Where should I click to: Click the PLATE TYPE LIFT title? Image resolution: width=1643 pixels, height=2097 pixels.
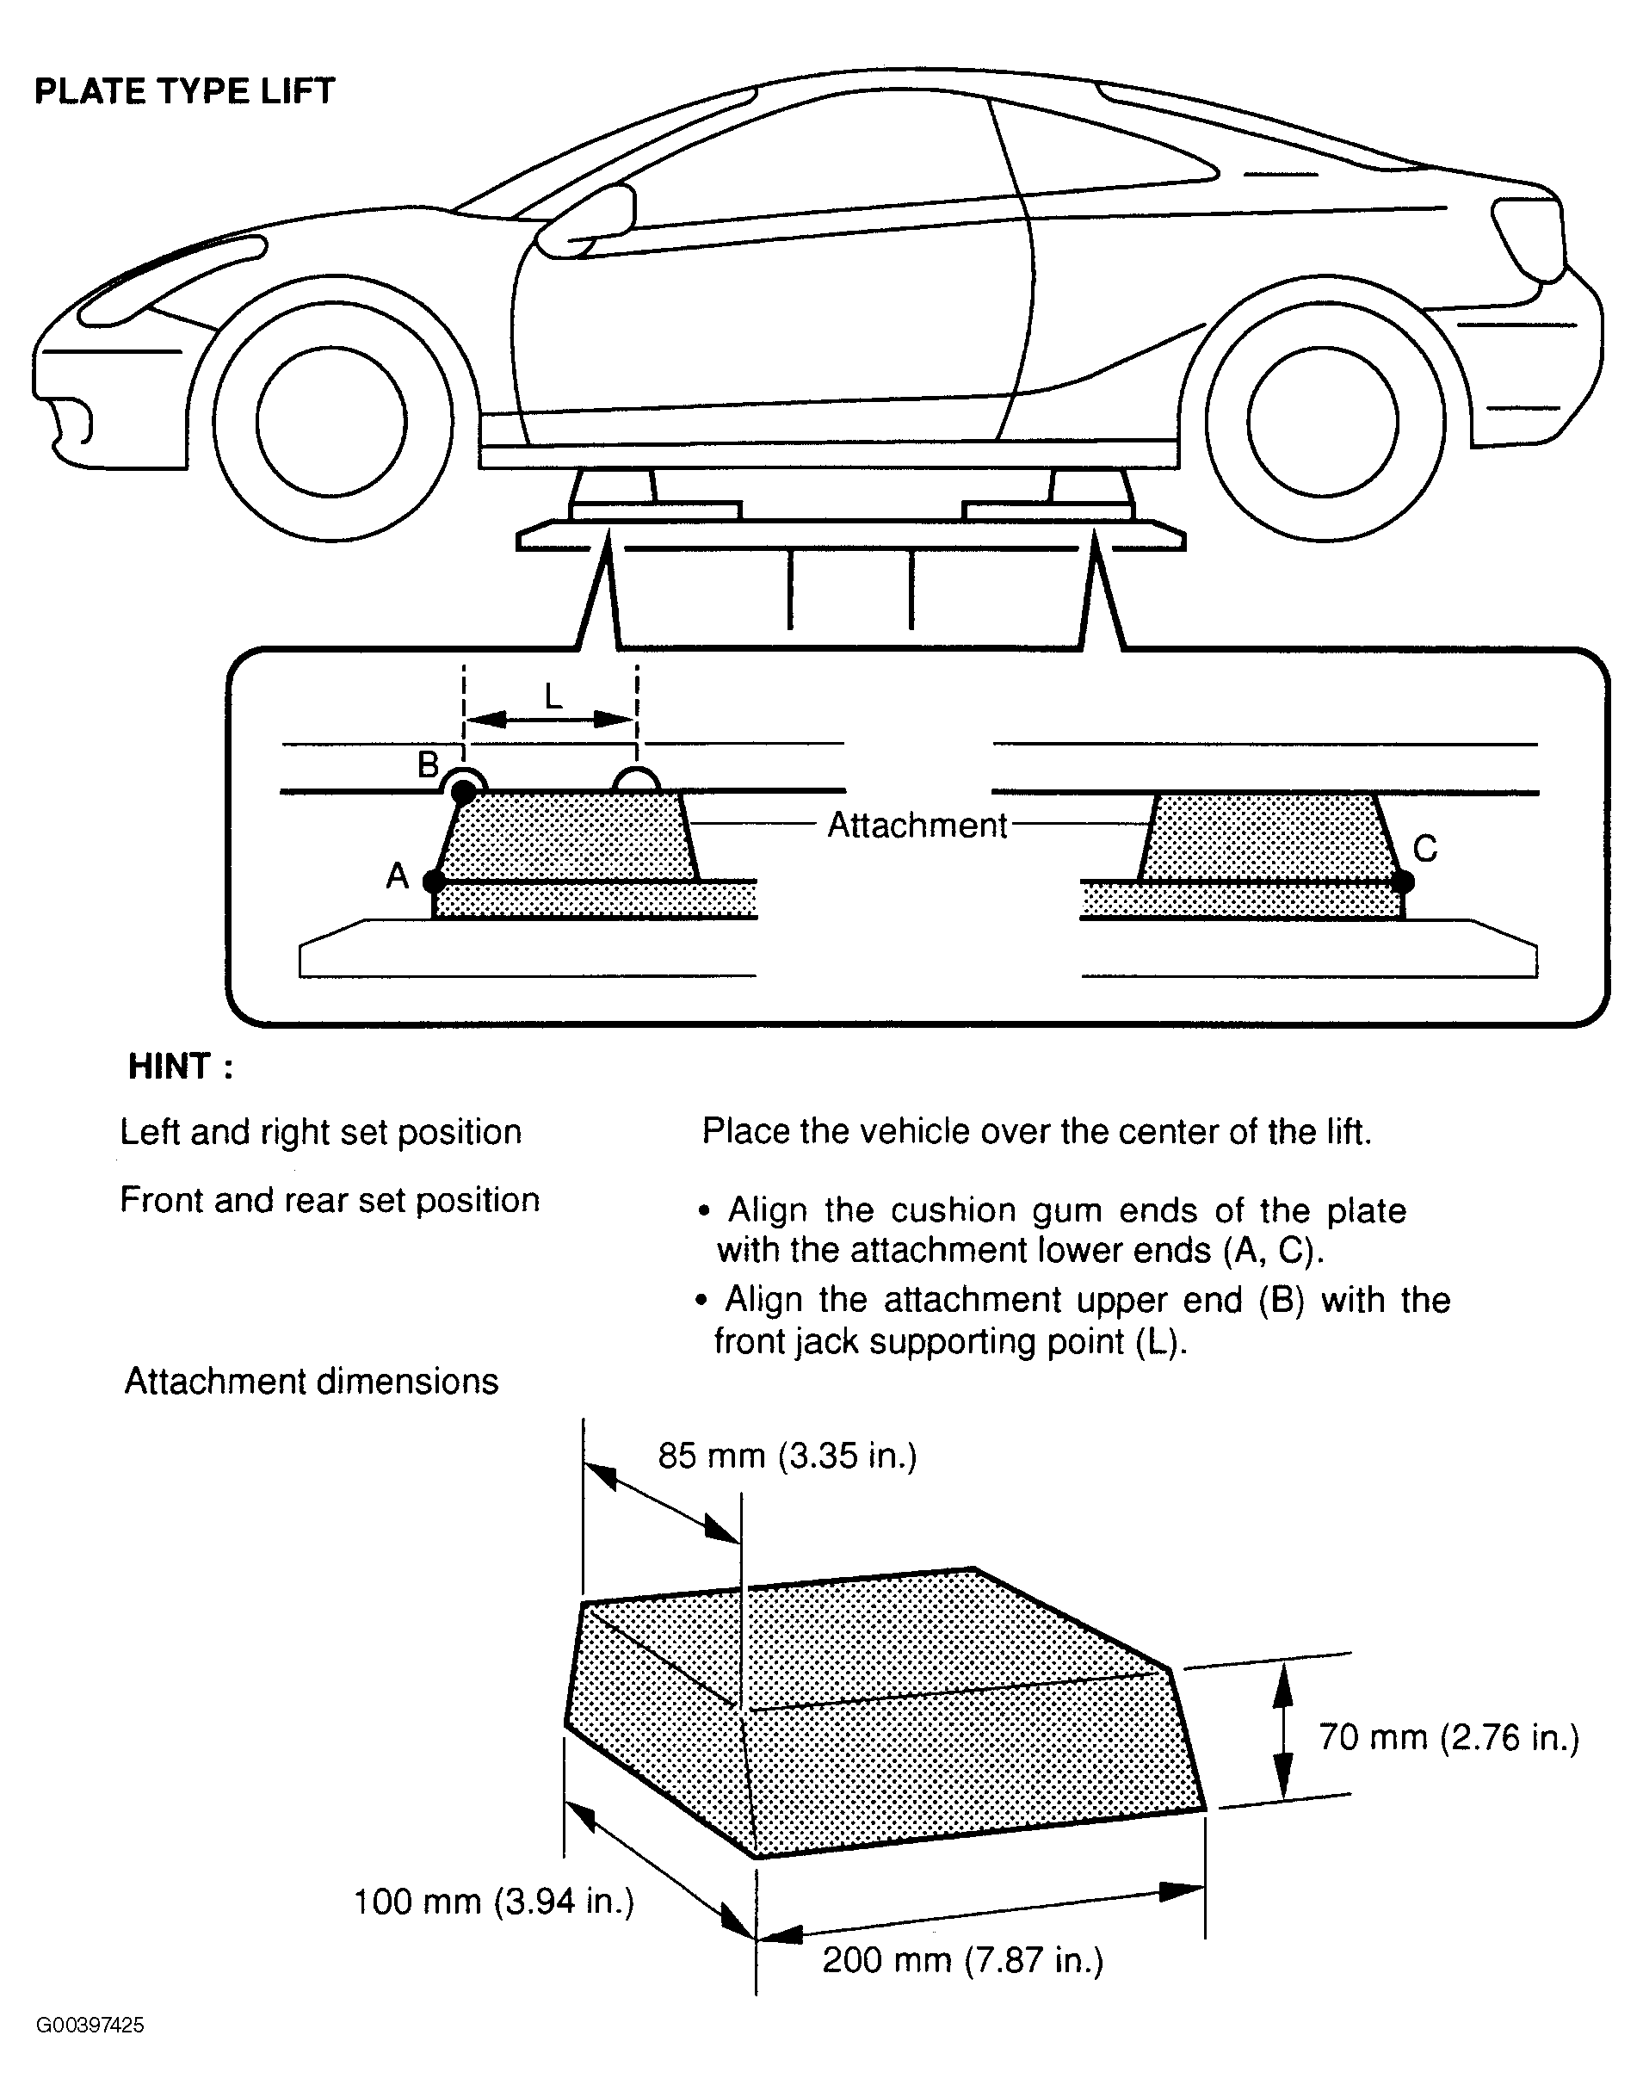coord(185,91)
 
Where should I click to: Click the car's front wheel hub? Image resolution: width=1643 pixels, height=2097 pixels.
coord(332,421)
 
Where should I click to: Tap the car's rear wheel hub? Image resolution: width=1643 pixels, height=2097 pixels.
coord(1323,421)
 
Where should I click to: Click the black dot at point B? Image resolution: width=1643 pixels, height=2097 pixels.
coord(464,793)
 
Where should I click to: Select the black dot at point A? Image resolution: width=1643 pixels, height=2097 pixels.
coord(434,880)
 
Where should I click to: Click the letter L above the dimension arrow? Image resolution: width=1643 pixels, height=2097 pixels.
coord(553,696)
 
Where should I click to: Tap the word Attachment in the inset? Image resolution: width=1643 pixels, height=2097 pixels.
coord(917,825)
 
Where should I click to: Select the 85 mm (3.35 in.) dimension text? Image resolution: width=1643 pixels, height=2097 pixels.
coord(788,1456)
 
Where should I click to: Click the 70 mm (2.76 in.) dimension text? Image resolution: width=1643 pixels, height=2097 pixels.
coord(1448,1737)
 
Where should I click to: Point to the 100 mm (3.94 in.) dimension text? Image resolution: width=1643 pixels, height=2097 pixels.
coord(494,1902)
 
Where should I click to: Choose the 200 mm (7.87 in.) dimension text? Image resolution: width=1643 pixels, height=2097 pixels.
coord(963,1959)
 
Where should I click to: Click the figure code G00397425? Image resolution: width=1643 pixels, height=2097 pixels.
coord(90,2026)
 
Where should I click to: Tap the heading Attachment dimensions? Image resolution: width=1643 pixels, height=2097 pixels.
coord(312,1382)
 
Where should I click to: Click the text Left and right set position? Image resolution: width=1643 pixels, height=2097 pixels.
coord(320,1132)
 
